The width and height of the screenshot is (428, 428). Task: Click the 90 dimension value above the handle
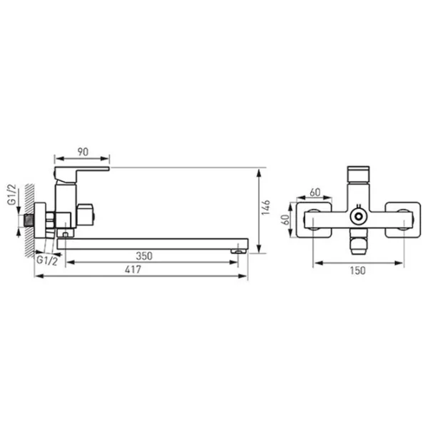point(83,152)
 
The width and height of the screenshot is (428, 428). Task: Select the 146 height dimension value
point(265,207)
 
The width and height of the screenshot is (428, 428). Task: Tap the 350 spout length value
point(144,256)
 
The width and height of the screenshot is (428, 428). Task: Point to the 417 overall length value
point(133,270)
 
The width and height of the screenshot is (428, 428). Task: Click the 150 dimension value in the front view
point(357,270)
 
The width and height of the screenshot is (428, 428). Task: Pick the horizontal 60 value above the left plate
point(315,193)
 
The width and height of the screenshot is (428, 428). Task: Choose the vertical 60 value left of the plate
point(285,220)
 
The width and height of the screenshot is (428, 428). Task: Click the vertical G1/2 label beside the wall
point(11,195)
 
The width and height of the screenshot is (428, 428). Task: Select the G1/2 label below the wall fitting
point(47,260)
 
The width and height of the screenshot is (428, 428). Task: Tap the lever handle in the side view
point(82,172)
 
